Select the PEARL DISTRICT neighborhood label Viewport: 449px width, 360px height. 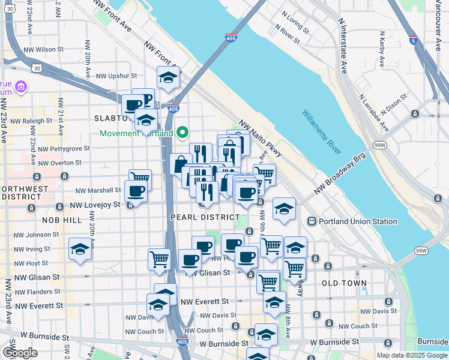point(205,217)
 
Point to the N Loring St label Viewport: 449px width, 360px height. point(292,29)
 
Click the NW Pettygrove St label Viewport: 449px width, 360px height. point(64,148)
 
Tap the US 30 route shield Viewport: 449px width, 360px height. point(37,68)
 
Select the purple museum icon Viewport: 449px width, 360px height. point(21,88)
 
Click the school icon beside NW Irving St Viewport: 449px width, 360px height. point(79,248)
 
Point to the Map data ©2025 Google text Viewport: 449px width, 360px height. point(411,355)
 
